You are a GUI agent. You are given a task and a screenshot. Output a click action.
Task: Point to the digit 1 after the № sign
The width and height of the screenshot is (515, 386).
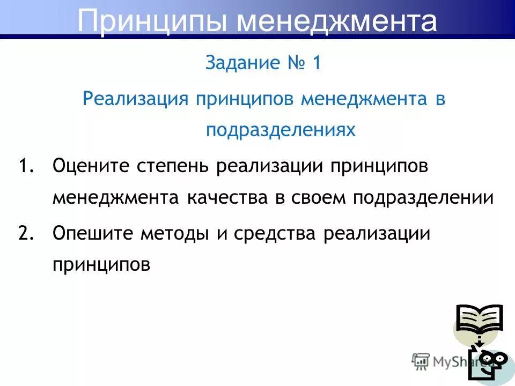317,63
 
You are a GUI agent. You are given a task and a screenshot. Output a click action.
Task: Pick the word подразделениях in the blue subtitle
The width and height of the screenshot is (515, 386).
281,130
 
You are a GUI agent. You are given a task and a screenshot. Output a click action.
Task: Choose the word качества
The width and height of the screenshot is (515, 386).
228,198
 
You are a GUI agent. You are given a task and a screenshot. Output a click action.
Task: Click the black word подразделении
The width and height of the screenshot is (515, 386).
423,198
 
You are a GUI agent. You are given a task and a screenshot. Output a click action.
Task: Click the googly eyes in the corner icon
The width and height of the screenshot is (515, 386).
494,358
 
